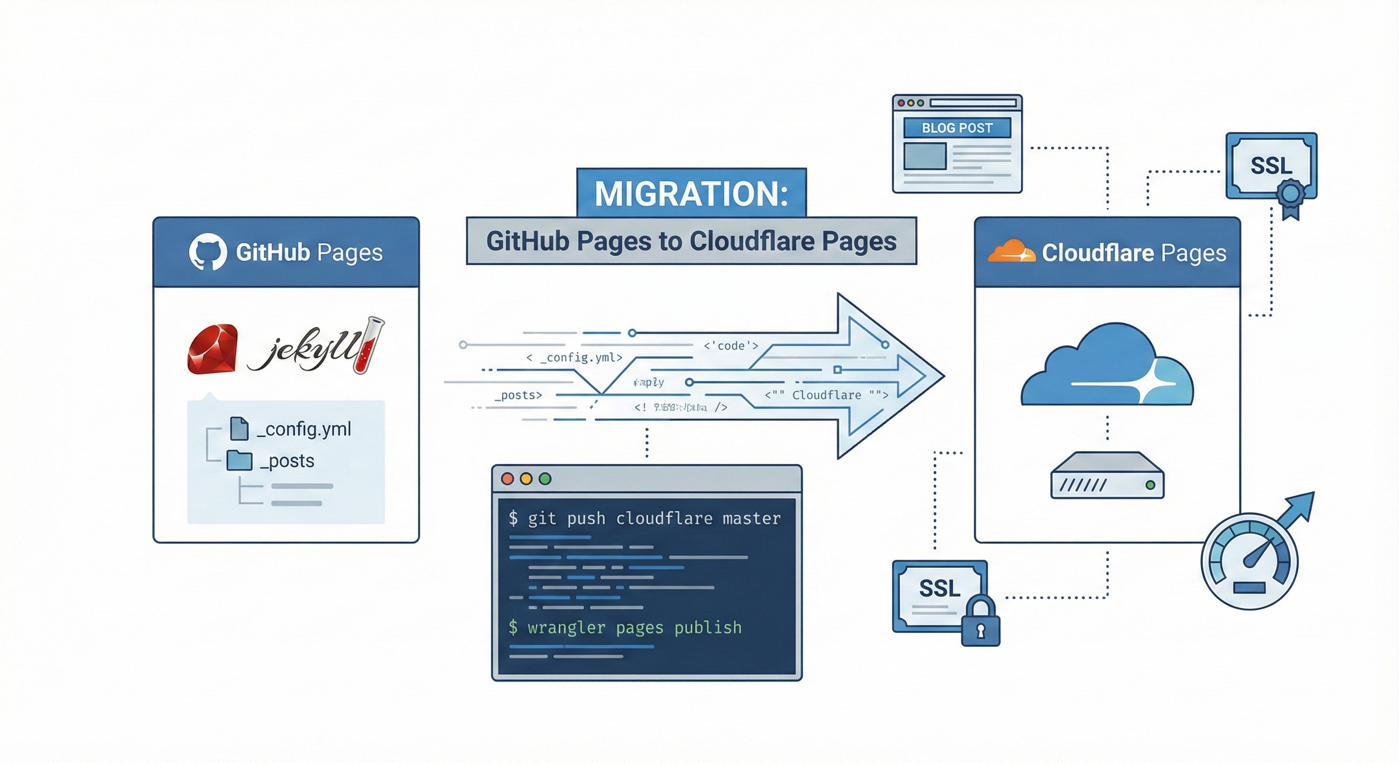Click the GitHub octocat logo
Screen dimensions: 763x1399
(x=208, y=252)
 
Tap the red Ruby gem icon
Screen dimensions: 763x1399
(x=212, y=349)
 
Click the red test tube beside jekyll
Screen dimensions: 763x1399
(x=369, y=345)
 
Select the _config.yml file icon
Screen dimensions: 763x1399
(x=239, y=429)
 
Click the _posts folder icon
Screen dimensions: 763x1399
(x=239, y=460)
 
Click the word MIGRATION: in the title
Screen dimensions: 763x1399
(x=691, y=194)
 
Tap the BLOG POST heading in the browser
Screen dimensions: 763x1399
(x=957, y=128)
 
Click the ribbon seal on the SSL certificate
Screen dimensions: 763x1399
(x=1290, y=196)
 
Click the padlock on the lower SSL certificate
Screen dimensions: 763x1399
(x=980, y=623)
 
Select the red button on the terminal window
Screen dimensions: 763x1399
(x=508, y=478)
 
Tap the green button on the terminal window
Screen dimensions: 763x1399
(x=544, y=478)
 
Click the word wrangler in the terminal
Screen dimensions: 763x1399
(x=566, y=628)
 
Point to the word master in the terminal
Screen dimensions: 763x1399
(x=751, y=519)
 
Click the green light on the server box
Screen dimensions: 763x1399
(x=1150, y=485)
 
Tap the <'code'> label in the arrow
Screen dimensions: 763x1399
(x=730, y=346)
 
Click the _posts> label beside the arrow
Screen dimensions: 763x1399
(x=518, y=395)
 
